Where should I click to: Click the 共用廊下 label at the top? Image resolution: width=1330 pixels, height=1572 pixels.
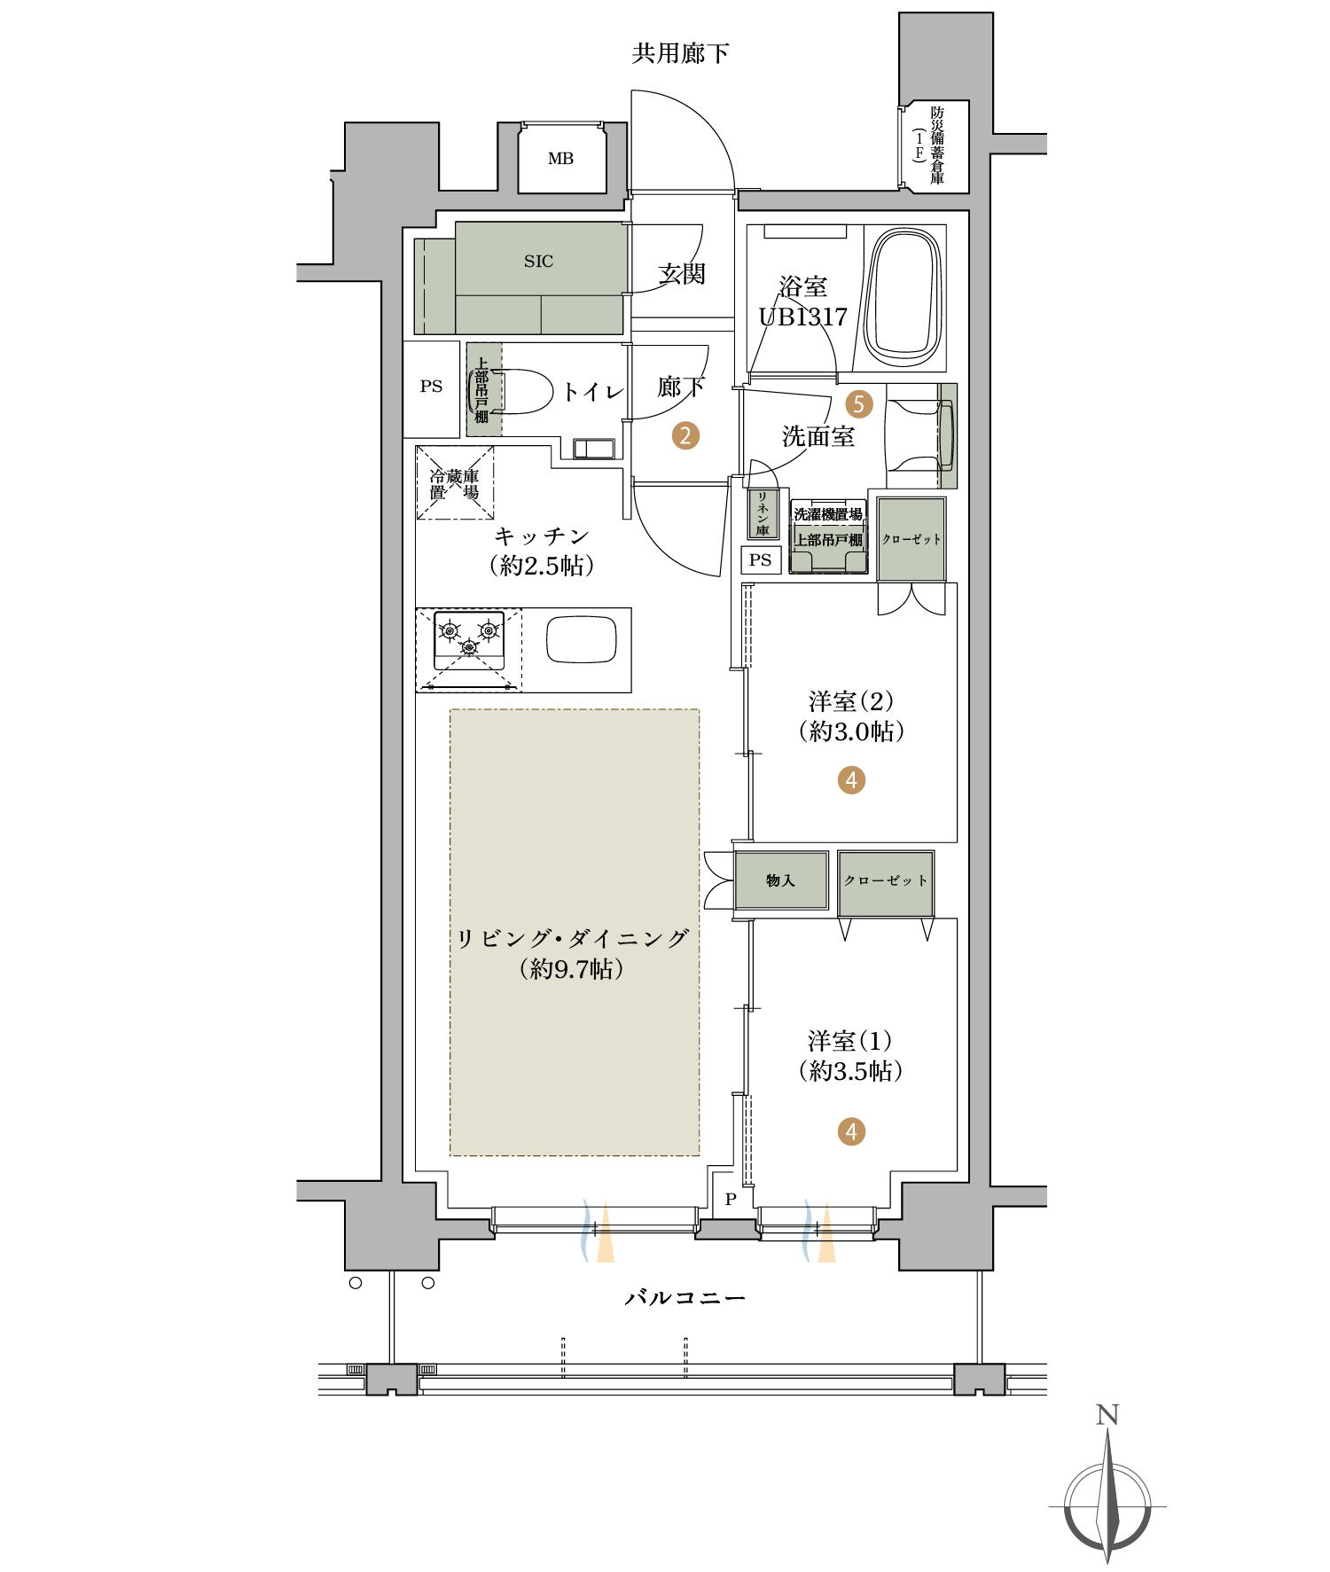click(x=680, y=53)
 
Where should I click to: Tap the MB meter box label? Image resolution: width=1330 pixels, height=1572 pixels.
click(x=560, y=159)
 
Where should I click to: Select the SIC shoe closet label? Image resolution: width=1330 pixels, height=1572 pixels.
click(x=538, y=262)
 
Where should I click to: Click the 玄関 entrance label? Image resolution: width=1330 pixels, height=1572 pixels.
click(x=682, y=273)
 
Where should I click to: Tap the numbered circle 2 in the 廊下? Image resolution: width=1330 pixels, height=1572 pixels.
click(x=685, y=435)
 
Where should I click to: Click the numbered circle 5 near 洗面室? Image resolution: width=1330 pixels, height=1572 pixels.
click(x=858, y=404)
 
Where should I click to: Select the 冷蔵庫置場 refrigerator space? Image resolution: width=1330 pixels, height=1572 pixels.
click(x=455, y=483)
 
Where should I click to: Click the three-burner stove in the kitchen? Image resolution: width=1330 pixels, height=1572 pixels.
click(x=469, y=640)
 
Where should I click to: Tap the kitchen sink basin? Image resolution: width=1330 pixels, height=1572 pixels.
click(x=581, y=639)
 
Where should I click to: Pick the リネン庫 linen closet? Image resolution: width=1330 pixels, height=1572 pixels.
click(x=763, y=513)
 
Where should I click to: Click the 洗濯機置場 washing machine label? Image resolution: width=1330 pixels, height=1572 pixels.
click(x=828, y=514)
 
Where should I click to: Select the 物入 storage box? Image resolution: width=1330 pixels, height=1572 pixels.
click(x=781, y=880)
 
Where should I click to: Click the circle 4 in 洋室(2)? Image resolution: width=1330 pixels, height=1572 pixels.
click(x=851, y=780)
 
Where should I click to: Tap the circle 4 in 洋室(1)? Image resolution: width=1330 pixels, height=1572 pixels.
click(x=851, y=1131)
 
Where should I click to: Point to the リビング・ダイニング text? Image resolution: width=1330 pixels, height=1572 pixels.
click(x=572, y=939)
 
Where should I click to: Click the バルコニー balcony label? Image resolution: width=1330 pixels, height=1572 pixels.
click(x=685, y=1298)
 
